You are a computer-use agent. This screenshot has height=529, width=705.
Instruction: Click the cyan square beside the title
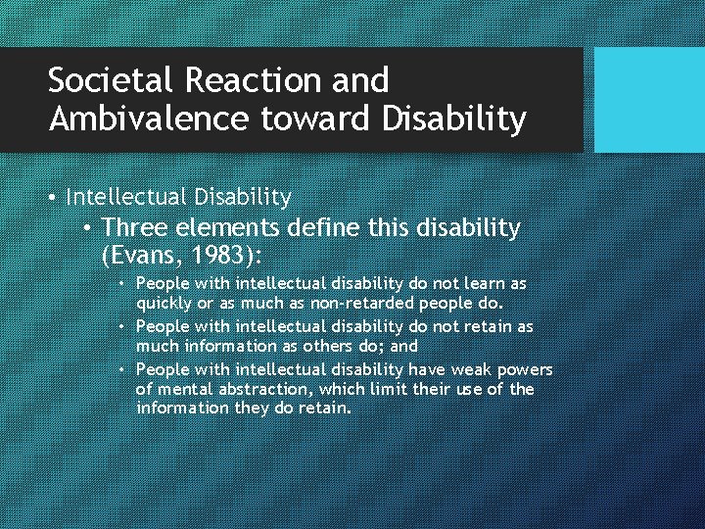649,100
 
